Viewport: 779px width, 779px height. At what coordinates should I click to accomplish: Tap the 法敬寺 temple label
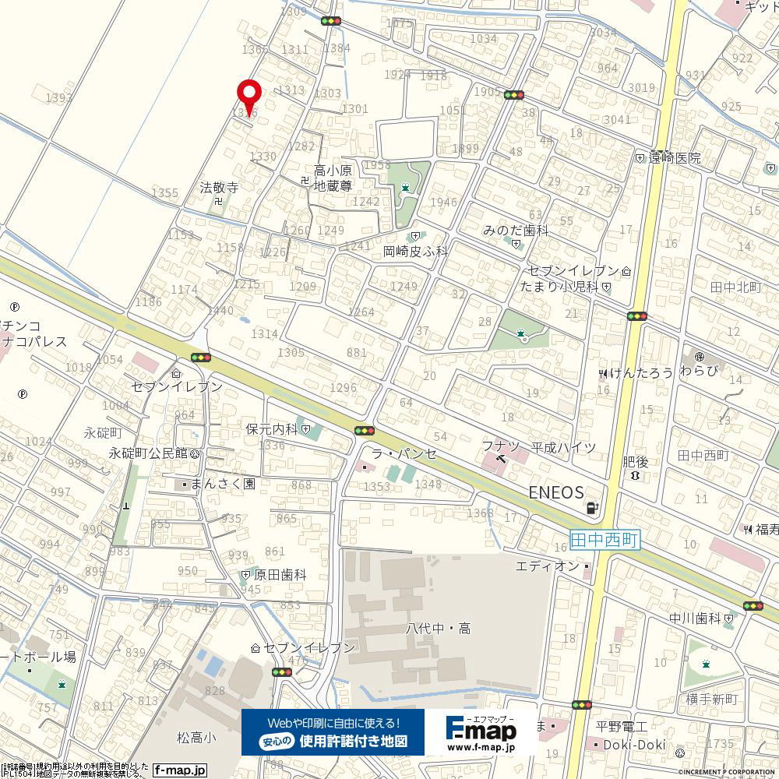(x=219, y=188)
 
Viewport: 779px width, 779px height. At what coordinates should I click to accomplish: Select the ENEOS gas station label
(x=556, y=492)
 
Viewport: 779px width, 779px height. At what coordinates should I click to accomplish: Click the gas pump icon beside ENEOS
(x=594, y=509)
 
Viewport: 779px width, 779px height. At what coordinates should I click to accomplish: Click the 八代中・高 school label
(x=438, y=629)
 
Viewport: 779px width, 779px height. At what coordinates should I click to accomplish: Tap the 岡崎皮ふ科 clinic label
(x=415, y=251)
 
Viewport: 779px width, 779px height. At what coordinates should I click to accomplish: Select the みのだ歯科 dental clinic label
(x=516, y=231)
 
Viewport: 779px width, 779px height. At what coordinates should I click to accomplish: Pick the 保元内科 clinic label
(x=271, y=428)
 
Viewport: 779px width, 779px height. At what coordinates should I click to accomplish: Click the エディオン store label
(x=548, y=566)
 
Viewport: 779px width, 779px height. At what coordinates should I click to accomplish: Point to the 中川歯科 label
(x=695, y=619)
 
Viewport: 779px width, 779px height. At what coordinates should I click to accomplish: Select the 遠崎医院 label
(x=672, y=158)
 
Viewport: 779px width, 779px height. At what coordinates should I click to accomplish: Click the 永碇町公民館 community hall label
(x=148, y=453)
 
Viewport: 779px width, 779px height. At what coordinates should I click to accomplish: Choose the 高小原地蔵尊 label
(x=333, y=178)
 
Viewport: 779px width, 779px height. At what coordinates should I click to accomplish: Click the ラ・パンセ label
(x=403, y=453)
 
